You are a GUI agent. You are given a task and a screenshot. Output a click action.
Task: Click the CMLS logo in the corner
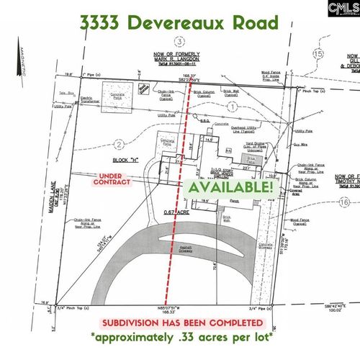[x=342, y=11]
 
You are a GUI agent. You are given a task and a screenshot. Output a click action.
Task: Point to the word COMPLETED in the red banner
[x=232, y=323]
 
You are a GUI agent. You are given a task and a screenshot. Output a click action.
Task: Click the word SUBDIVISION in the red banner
[x=135, y=323]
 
